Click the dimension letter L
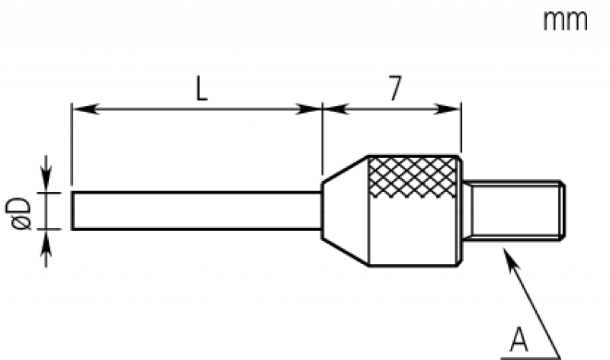199,90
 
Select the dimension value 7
394,90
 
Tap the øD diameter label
21,211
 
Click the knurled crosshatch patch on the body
413,177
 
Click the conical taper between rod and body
344,211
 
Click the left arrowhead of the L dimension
81,109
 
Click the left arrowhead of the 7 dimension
332,109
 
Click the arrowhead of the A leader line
506,255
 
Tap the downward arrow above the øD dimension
46,184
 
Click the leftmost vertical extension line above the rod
72,145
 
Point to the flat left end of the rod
72,211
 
